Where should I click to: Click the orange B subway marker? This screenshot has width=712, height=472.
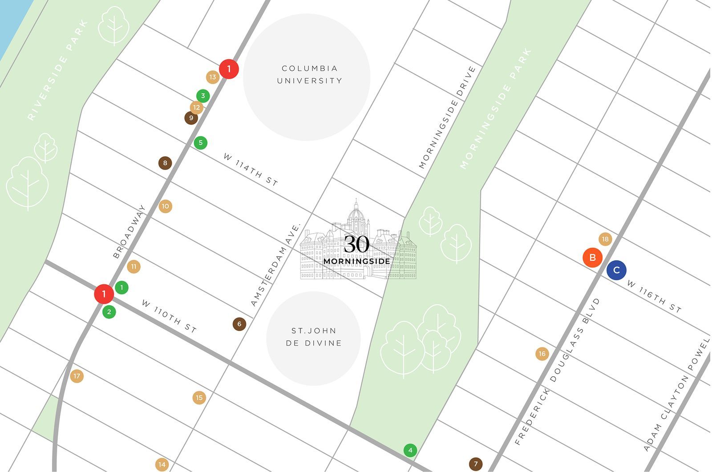click(592, 257)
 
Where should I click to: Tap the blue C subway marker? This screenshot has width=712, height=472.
click(616, 270)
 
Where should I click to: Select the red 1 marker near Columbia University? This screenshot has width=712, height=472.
click(229, 69)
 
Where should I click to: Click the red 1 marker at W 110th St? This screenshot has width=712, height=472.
click(104, 294)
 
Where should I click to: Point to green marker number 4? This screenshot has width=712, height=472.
click(410, 450)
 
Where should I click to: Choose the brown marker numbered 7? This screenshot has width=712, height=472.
click(476, 464)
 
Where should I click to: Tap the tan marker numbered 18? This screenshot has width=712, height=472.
click(605, 239)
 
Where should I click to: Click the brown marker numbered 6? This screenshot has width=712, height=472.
click(239, 324)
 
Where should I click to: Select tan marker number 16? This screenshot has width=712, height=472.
click(542, 354)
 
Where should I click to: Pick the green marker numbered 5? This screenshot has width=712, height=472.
click(201, 143)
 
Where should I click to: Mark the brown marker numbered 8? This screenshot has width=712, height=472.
click(165, 163)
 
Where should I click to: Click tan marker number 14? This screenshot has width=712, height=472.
click(162, 464)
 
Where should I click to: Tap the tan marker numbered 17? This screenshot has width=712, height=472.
click(77, 376)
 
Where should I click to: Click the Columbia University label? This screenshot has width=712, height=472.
click(309, 75)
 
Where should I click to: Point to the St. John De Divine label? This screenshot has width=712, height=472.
click(314, 337)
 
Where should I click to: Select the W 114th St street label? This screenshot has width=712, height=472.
click(251, 169)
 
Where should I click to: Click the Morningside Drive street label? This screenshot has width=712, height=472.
click(447, 117)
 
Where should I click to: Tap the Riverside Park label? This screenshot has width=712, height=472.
click(58, 70)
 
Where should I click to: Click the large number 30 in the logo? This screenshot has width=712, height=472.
click(356, 244)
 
